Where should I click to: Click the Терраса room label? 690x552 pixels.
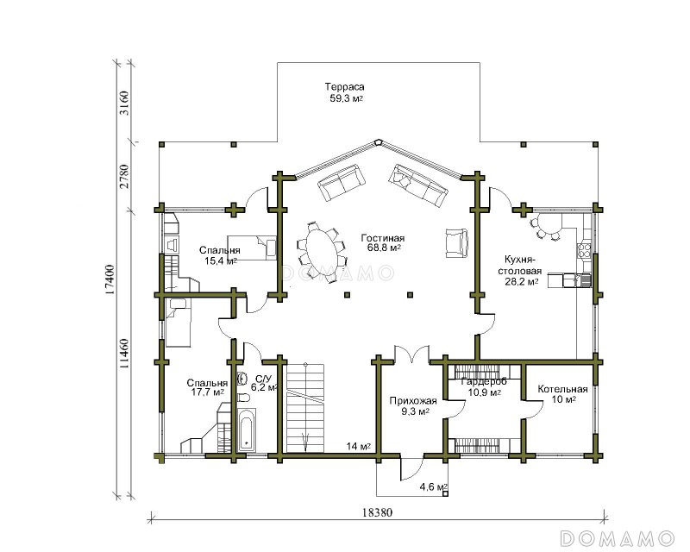coord(344,87)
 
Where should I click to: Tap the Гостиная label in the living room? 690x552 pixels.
coord(383,238)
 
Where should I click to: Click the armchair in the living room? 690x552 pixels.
coord(457,242)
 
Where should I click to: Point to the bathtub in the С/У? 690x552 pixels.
coord(247,430)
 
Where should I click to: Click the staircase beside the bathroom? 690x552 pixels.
coord(305,408)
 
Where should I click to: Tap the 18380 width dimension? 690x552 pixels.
coord(378,512)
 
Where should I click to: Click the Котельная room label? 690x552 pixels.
coord(563,389)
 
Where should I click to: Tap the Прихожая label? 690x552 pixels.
coord(413,401)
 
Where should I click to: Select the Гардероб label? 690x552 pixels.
coord(484,381)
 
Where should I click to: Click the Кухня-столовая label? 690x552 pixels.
coord(520,265)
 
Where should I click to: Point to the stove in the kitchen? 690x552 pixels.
coord(584,250)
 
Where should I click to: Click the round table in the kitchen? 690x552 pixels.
coord(549,224)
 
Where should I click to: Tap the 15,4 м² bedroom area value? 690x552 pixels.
coord(221,261)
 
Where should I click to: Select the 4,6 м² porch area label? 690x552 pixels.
coord(434,486)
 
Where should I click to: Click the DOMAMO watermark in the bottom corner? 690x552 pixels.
coord(618,538)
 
